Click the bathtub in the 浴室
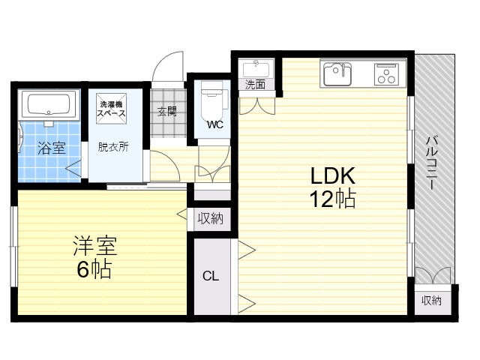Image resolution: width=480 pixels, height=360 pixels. [49, 104]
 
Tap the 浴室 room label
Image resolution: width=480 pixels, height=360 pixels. [52, 148]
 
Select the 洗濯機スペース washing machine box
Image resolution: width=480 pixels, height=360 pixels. [112, 109]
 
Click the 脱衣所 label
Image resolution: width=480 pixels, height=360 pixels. [113, 147]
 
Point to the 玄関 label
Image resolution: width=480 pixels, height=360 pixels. [167, 112]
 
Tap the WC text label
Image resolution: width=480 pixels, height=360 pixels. [215, 125]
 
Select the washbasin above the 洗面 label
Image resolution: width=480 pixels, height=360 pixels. [256, 69]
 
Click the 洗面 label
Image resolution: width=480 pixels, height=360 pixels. [255, 85]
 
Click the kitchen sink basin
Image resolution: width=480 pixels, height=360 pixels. [337, 74]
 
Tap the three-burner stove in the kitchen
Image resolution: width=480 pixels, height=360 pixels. [386, 74]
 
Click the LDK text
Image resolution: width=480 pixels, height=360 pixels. [333, 175]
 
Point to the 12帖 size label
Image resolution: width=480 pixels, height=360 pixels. [333, 199]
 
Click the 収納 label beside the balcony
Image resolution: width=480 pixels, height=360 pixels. [432, 301]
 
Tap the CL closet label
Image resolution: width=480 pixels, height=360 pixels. [211, 276]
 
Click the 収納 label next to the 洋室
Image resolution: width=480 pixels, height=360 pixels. [210, 218]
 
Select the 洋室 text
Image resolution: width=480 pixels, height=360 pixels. [94, 245]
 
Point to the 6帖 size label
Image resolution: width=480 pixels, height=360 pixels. [93, 269]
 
